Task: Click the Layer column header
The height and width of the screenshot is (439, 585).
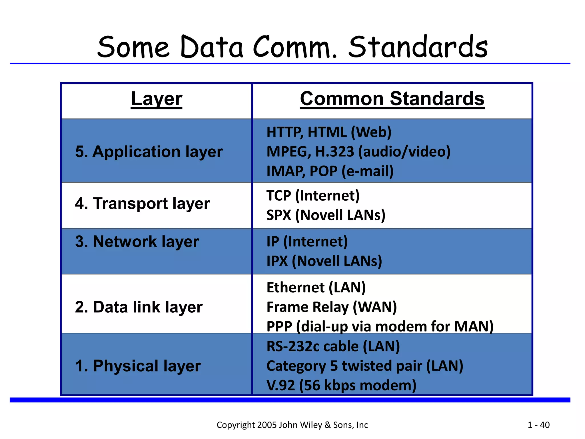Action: (x=157, y=99)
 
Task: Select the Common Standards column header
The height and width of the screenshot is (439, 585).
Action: (x=392, y=99)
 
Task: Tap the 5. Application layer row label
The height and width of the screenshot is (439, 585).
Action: (x=149, y=151)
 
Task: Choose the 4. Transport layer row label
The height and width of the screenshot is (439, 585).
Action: (x=142, y=203)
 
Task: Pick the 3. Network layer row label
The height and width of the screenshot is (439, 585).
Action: (x=137, y=242)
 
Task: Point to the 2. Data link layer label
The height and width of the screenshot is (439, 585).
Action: (x=139, y=307)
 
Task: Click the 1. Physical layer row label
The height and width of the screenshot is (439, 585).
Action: (x=138, y=366)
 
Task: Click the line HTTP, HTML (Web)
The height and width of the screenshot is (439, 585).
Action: (x=329, y=132)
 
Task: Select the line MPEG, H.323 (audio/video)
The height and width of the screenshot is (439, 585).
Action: (x=358, y=151)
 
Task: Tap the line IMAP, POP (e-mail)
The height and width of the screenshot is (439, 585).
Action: (x=330, y=171)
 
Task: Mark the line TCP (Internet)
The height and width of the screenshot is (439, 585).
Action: (x=313, y=196)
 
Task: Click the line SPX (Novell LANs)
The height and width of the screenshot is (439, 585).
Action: (x=326, y=215)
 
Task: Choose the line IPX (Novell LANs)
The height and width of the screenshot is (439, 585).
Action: (x=324, y=261)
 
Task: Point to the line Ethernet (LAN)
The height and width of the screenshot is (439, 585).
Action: (x=316, y=288)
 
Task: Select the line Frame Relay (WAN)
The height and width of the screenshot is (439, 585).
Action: (x=331, y=307)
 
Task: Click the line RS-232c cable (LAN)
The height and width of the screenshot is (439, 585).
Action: (x=333, y=346)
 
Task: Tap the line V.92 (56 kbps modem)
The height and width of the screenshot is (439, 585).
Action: (x=341, y=385)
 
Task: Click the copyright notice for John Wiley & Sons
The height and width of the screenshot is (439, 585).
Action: (x=292, y=425)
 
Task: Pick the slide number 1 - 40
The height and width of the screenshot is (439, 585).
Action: (x=538, y=425)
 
